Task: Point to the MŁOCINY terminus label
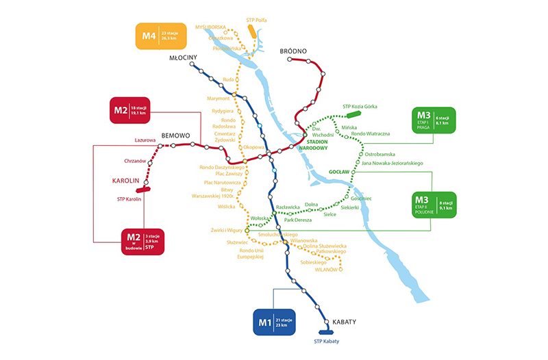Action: click(x=183, y=58)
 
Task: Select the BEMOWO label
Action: click(x=175, y=136)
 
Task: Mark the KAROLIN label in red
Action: click(x=125, y=181)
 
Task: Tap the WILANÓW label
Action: click(x=327, y=270)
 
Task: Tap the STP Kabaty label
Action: click(x=327, y=342)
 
